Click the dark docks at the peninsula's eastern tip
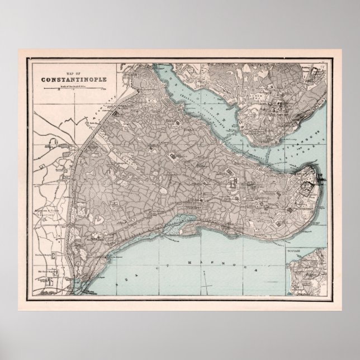[x=320, y=178]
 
